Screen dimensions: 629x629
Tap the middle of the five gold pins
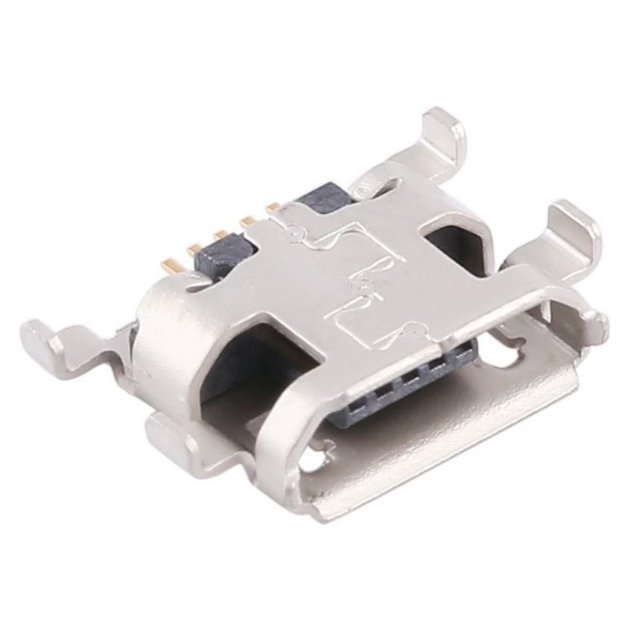point(221,236)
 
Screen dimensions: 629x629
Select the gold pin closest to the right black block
point(273,207)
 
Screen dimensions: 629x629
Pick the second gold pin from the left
point(195,249)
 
